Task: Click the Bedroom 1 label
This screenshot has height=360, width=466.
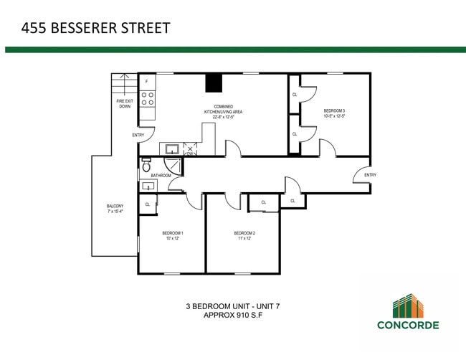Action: tap(173, 236)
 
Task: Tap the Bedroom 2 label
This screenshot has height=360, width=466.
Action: tap(244, 236)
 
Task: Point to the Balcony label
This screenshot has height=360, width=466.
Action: tap(115, 209)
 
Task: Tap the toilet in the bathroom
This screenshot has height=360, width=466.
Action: tap(146, 164)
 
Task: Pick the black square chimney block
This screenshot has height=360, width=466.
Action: tap(214, 83)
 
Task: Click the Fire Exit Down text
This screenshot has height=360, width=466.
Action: tap(125, 104)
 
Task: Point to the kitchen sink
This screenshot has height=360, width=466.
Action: tap(172, 149)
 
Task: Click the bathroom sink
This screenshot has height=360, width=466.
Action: tap(148, 186)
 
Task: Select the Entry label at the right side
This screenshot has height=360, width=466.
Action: tap(370, 175)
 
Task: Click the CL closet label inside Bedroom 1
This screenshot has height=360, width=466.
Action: tap(148, 204)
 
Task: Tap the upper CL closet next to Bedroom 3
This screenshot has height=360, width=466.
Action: tap(295, 95)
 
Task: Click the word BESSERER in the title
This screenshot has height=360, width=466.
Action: tap(84, 29)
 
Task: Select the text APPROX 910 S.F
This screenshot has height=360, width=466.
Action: tap(233, 315)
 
